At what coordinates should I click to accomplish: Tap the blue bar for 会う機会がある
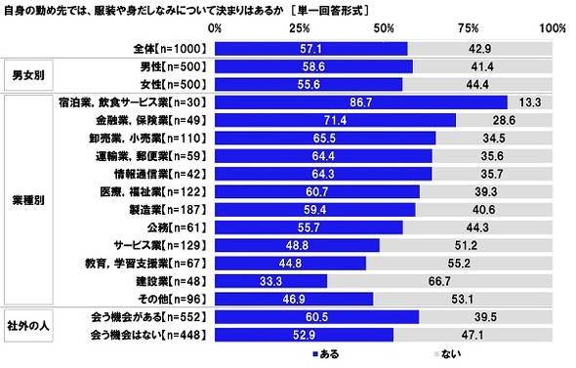[316, 317]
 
